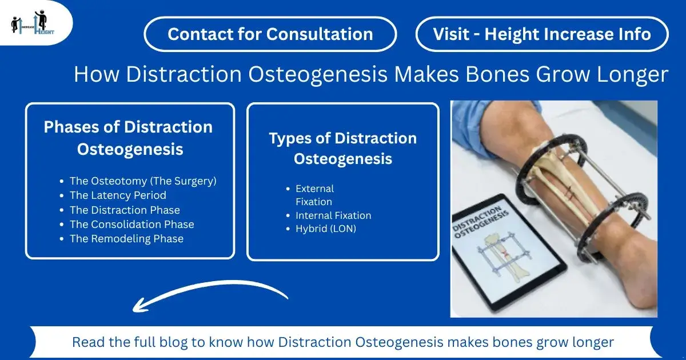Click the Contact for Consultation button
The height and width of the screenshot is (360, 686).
pyautogui.click(x=270, y=34)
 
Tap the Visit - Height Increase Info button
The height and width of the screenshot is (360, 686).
pyautogui.click(x=541, y=34)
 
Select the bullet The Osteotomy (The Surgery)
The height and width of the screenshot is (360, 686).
pyautogui.click(x=143, y=181)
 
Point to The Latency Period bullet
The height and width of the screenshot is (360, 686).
pyautogui.click(x=118, y=195)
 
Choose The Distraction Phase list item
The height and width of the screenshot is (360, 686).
pyautogui.click(x=125, y=210)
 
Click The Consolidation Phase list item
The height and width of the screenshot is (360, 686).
pyautogui.click(x=131, y=225)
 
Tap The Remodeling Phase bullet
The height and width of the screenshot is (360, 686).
pyautogui.click(x=126, y=239)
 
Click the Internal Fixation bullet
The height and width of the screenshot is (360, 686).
pyautogui.click(x=333, y=215)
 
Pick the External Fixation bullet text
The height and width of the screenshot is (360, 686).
pyautogui.click(x=314, y=195)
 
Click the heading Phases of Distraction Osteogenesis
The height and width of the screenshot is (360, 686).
pyautogui.click(x=129, y=138)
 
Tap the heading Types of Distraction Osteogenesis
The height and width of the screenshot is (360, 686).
pyautogui.click(x=342, y=148)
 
